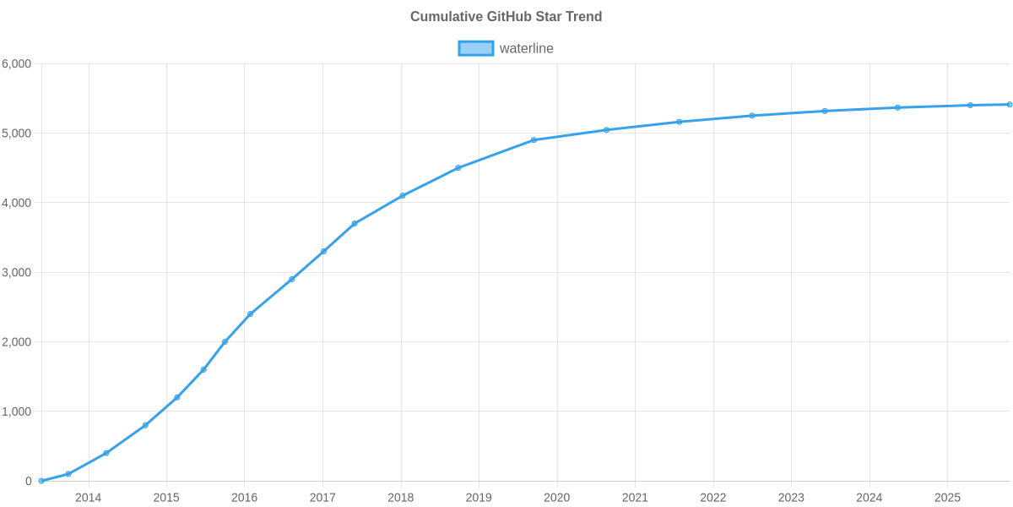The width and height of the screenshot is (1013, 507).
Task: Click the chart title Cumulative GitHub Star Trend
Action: click(x=506, y=17)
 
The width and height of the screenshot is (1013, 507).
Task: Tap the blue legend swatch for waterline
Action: click(x=475, y=48)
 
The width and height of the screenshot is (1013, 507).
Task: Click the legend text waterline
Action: click(x=526, y=48)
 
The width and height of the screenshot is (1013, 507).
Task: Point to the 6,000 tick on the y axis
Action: click(x=17, y=64)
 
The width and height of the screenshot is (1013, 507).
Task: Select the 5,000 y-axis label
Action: click(x=17, y=134)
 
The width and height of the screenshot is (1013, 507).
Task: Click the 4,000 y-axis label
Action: click(x=17, y=203)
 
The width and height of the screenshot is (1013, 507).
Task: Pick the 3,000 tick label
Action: click(x=17, y=273)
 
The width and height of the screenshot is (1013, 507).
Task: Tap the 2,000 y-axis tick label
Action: click(x=17, y=342)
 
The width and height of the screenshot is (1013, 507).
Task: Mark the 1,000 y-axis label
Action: click(x=17, y=412)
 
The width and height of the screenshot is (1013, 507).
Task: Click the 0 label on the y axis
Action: click(x=29, y=481)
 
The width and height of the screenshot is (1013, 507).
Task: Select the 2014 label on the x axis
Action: click(x=88, y=498)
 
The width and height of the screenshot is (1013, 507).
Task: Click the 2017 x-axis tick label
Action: click(x=322, y=498)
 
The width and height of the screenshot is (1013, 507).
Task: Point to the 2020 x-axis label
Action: click(x=557, y=498)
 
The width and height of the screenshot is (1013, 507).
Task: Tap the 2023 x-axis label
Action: click(x=791, y=498)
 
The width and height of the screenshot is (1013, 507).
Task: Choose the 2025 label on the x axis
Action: click(x=947, y=498)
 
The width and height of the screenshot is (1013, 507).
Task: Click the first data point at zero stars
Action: click(x=41, y=481)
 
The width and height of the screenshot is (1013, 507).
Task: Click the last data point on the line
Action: click(x=1010, y=105)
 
